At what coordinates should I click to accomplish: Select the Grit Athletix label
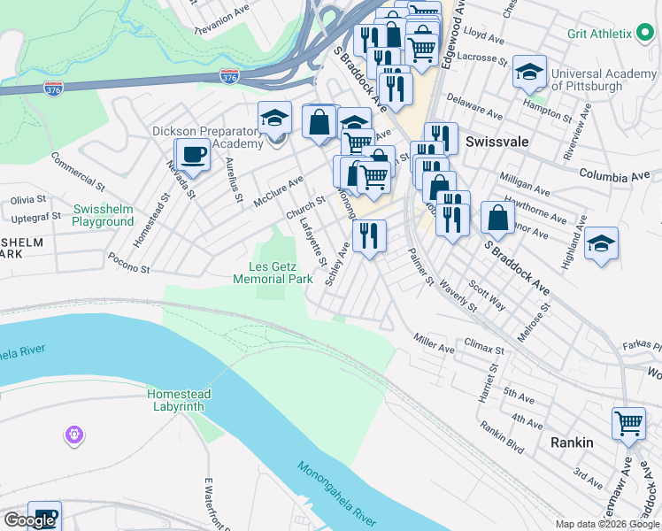(600, 34)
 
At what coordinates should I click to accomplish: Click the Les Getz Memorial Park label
(273, 273)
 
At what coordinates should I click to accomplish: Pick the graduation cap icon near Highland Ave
(601, 243)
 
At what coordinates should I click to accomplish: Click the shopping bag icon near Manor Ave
(498, 218)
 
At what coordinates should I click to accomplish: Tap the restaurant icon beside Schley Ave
(369, 235)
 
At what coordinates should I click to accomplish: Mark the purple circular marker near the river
(73, 435)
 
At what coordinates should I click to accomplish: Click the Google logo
(29, 520)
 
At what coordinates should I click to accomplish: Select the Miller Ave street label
(434, 342)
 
